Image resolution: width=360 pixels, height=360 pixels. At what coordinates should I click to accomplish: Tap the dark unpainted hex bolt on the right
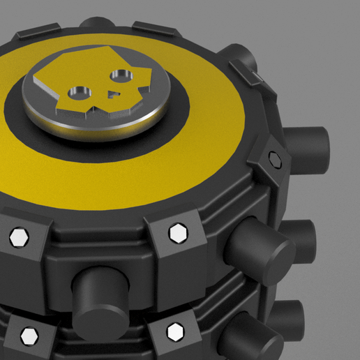276,159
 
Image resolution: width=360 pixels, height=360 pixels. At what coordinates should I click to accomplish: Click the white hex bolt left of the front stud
19,237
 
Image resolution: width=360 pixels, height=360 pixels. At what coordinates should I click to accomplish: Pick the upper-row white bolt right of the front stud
179,232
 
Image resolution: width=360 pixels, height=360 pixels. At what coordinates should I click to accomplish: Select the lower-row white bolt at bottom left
29,336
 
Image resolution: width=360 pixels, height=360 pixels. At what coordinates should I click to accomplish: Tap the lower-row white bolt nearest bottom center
174,332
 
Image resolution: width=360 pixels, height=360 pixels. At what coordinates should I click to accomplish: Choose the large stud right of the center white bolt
259,248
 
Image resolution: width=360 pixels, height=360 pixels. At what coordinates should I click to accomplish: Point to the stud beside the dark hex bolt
307,147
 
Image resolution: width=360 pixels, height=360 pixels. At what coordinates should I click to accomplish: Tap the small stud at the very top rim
98,22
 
